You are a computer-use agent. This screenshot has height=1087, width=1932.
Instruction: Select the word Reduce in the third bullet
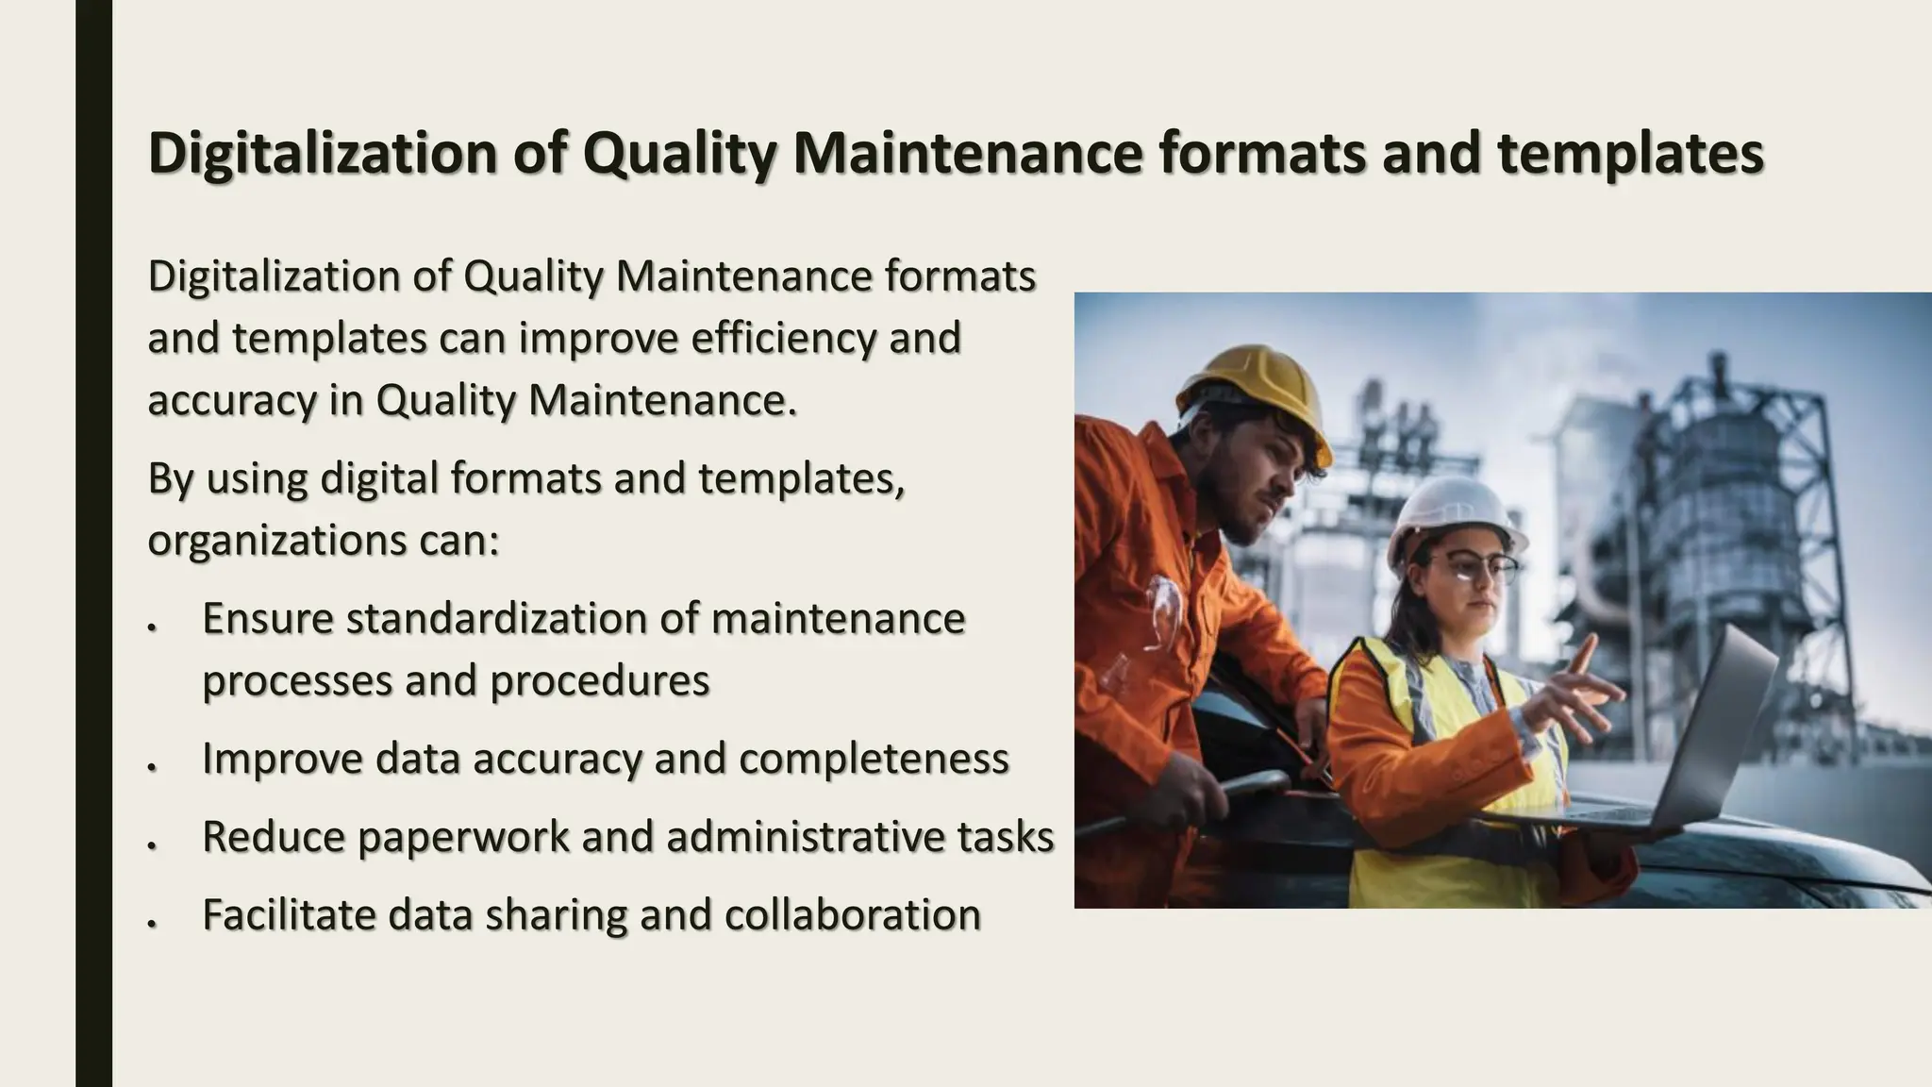274,837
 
